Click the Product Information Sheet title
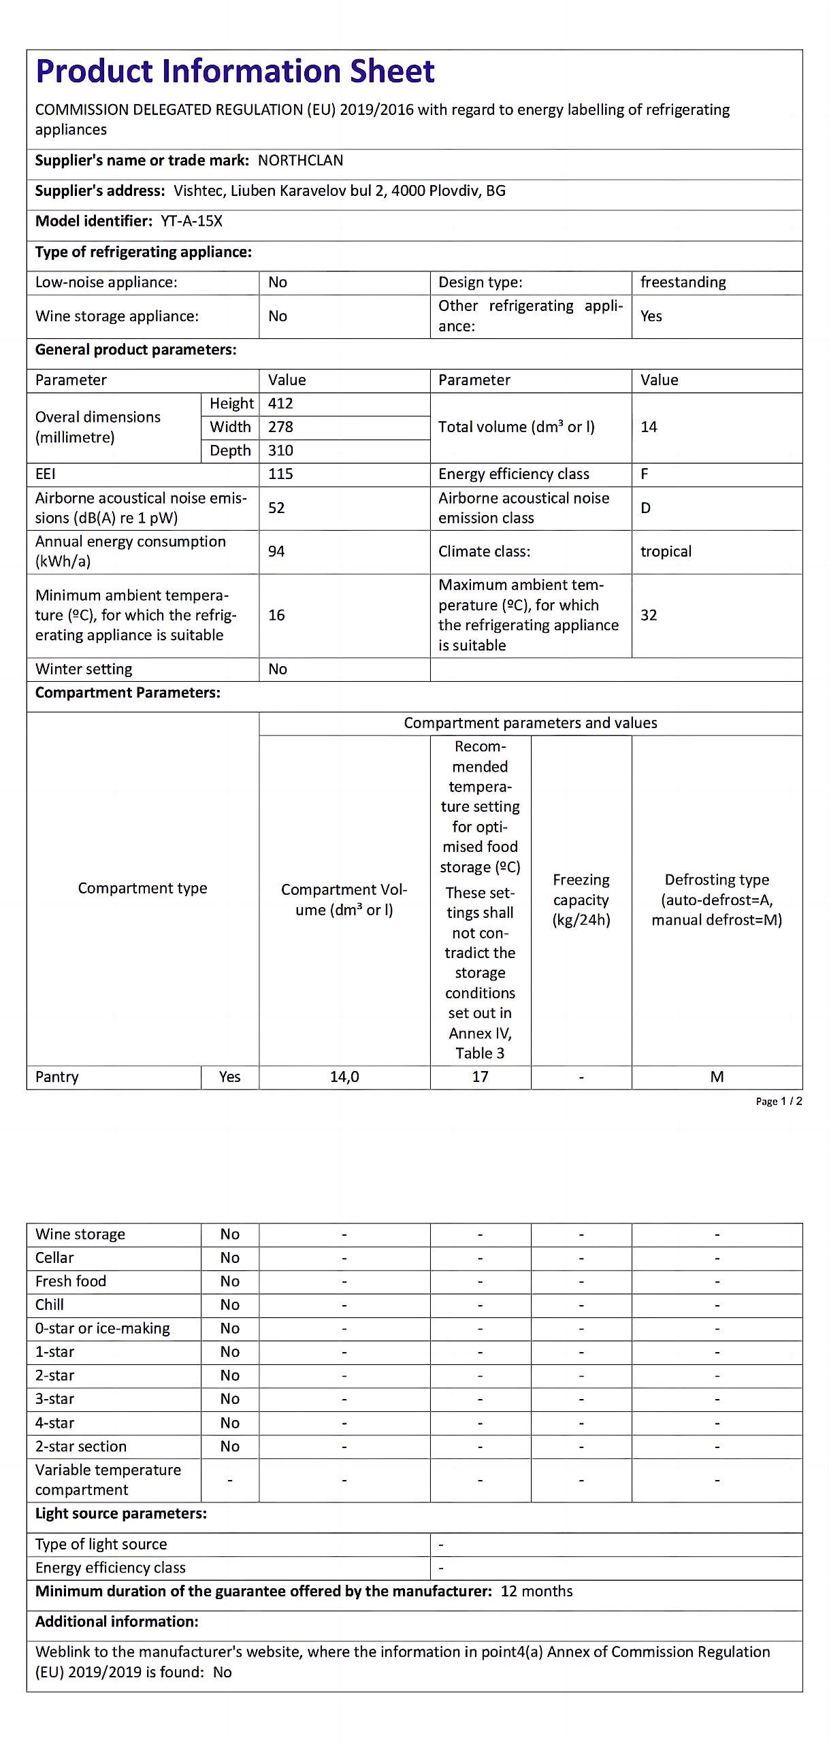pos(235,71)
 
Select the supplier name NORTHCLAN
pos(300,161)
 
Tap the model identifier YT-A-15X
pos(191,221)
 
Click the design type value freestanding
pos(683,282)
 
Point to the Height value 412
pos(280,404)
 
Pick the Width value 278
pos(280,427)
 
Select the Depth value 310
pos(280,450)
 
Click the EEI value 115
pos(280,474)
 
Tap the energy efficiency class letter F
pos(645,474)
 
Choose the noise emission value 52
pos(276,508)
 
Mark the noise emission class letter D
pos(645,508)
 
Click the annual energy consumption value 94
pos(276,551)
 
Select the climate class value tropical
pos(666,551)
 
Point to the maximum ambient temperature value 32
pos(649,615)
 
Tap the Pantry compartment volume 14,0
pos(344,1077)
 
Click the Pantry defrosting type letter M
pos(717,1077)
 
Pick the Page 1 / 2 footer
pos(779,1101)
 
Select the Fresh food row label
pos(71,1281)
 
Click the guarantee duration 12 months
pos(536,1591)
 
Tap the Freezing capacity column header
pos(581,900)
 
